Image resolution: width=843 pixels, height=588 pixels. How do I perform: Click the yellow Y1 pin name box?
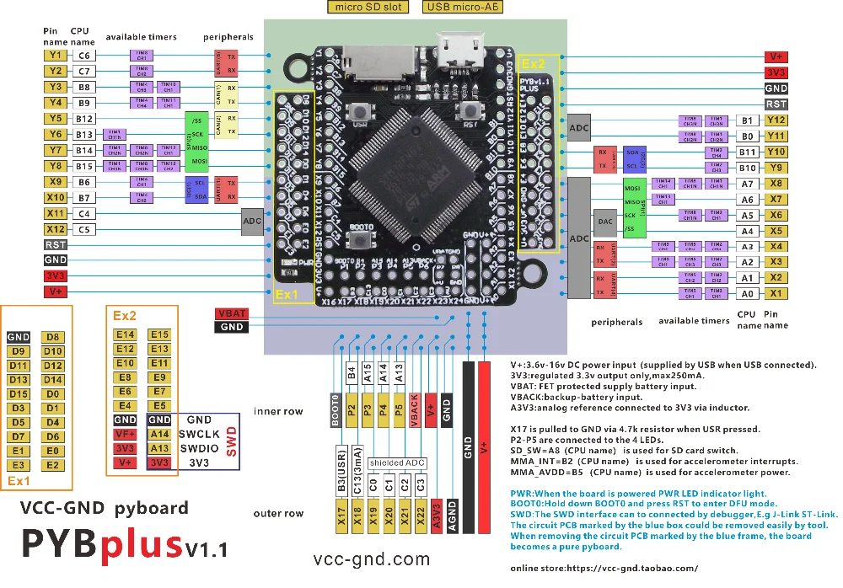pos(55,55)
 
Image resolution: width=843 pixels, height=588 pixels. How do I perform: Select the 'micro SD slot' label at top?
pos(368,8)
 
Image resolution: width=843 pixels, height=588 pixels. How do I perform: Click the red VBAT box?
pos(231,313)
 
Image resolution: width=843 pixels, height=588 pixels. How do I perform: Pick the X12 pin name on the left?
pos(55,228)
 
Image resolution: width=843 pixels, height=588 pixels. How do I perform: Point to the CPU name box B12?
pos(83,119)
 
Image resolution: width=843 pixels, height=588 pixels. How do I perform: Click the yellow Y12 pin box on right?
pos(776,120)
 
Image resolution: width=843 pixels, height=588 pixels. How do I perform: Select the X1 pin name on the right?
pos(776,292)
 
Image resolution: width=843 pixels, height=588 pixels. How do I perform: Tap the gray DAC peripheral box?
pos(605,222)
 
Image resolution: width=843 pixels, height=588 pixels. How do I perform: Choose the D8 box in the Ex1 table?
pos(52,337)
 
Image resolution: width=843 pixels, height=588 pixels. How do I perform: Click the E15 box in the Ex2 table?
pos(159,334)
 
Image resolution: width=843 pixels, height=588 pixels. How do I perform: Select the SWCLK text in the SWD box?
pos(200,434)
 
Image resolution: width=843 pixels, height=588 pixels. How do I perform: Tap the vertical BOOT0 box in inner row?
pos(334,410)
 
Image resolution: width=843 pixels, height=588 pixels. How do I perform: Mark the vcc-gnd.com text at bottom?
pos(372,559)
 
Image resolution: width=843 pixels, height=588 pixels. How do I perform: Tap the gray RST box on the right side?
pos(776,104)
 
